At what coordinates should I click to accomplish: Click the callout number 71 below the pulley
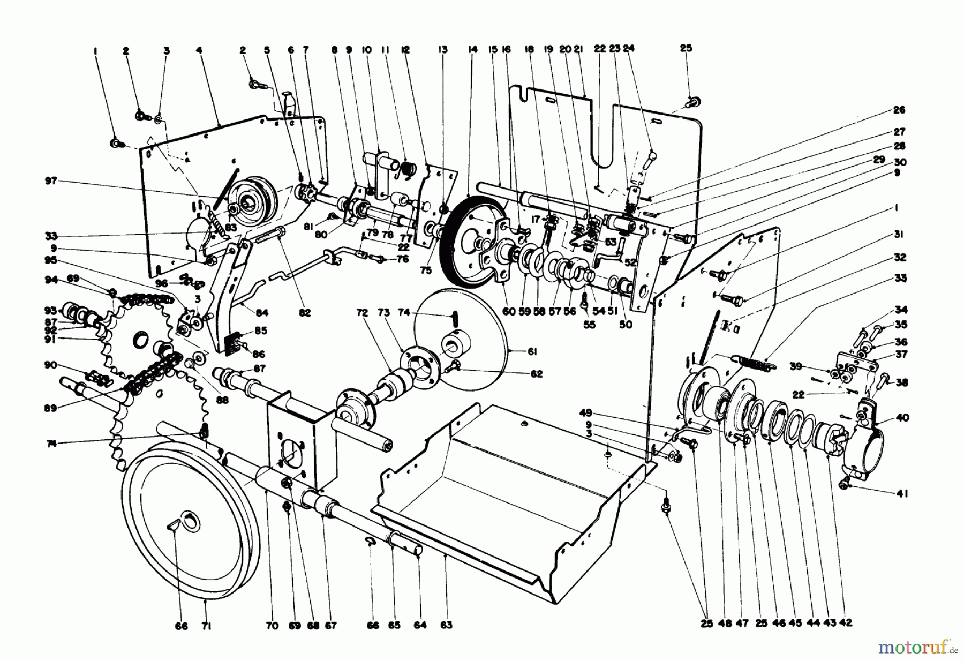(x=207, y=625)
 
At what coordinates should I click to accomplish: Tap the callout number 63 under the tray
(x=447, y=625)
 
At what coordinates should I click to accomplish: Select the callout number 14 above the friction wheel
(x=472, y=50)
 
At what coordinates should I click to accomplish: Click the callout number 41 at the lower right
(x=902, y=494)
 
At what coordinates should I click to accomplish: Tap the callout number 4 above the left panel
(x=199, y=50)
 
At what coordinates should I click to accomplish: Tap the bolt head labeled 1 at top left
(x=115, y=142)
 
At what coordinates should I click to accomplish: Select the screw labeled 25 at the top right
(x=691, y=100)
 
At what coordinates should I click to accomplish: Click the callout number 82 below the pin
(x=305, y=313)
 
